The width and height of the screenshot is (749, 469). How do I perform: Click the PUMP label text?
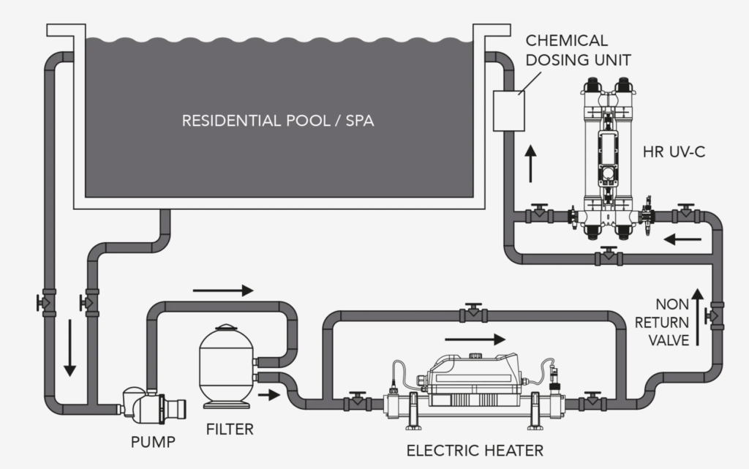(153, 441)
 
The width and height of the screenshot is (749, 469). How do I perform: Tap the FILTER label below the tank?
(229, 429)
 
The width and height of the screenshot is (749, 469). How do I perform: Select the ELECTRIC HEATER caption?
(475, 449)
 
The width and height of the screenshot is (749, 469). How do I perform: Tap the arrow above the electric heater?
(475, 339)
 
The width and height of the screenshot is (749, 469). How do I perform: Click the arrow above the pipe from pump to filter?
(223, 290)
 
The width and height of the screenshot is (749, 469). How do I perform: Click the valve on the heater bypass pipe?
(473, 313)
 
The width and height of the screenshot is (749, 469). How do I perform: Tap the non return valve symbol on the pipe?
(713, 316)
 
